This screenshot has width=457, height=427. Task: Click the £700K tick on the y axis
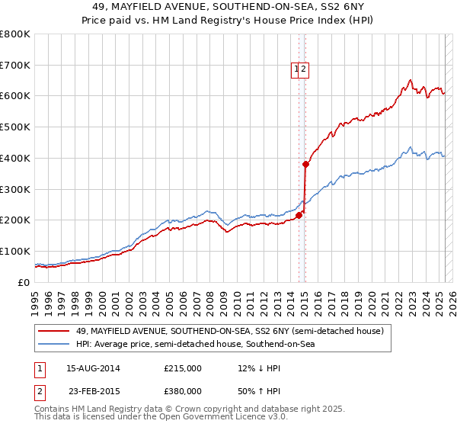(15, 65)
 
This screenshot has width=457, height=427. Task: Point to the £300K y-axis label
(15, 189)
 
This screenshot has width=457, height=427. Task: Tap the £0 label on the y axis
(24, 282)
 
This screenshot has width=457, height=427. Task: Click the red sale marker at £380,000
(306, 164)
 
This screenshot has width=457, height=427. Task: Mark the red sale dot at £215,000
(299, 215)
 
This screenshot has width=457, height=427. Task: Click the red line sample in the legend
(53, 331)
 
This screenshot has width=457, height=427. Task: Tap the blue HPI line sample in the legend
(53, 345)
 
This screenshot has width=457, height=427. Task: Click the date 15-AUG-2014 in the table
(94, 368)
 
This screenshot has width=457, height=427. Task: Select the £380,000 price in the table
(182, 391)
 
